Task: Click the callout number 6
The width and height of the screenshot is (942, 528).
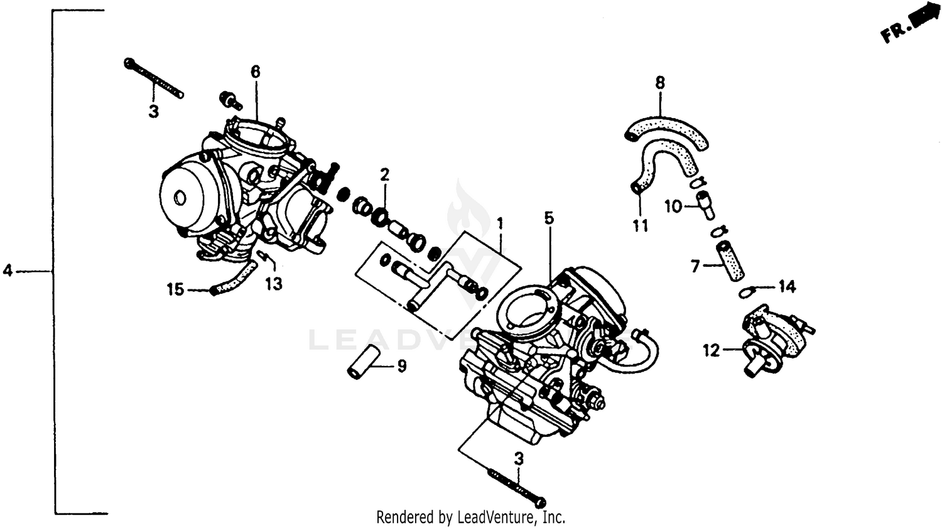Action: tap(255, 72)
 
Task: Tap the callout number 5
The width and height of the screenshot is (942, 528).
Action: tap(549, 218)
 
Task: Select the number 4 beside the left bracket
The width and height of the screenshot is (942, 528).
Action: tap(8, 271)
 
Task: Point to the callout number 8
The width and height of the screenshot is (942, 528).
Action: tap(660, 82)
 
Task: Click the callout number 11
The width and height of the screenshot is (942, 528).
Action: tap(640, 225)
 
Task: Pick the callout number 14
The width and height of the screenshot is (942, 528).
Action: tap(787, 287)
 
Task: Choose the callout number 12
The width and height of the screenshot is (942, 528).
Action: tap(711, 350)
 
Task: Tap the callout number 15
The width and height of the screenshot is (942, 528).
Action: tap(175, 289)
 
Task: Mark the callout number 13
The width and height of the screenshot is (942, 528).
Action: tap(273, 284)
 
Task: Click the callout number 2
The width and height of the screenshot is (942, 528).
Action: tap(384, 175)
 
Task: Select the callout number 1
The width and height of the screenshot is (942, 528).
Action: tap(500, 224)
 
